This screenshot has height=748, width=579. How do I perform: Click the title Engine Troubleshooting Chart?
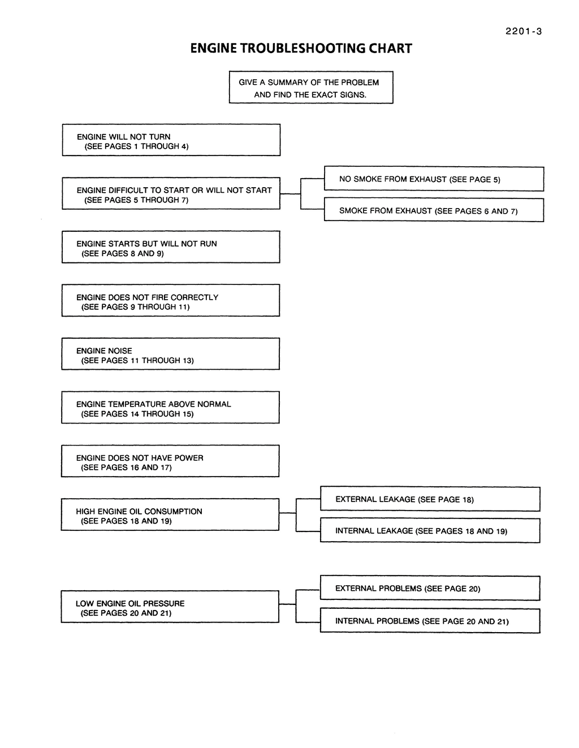[x=301, y=48]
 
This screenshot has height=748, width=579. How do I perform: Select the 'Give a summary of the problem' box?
[x=311, y=88]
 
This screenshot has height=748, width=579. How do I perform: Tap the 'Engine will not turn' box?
[x=171, y=140]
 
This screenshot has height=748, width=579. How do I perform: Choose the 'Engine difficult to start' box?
[x=171, y=193]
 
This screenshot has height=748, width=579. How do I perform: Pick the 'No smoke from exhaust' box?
[x=434, y=179]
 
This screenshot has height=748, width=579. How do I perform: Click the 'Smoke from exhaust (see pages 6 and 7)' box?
[x=434, y=210]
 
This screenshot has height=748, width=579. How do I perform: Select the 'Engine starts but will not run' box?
[x=171, y=247]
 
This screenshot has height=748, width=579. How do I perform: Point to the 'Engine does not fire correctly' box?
[x=171, y=300]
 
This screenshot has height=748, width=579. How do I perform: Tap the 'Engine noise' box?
[x=170, y=353]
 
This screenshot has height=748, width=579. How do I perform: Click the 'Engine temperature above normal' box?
[x=170, y=407]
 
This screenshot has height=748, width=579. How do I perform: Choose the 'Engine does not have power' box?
[x=170, y=461]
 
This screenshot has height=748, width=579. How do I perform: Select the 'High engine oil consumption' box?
[x=170, y=514]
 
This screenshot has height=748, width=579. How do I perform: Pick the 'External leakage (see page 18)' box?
[x=430, y=499]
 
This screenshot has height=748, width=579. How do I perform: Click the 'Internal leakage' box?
[x=430, y=530]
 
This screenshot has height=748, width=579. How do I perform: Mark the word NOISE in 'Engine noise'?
[x=119, y=351]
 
